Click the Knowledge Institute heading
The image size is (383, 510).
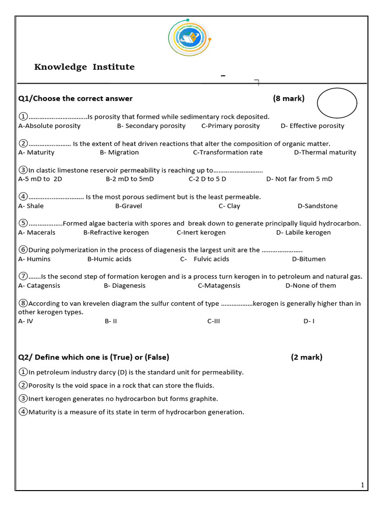[84, 67]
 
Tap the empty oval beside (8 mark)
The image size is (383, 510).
[337, 103]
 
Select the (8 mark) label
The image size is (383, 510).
[288, 99]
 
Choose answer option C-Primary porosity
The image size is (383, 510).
[230, 126]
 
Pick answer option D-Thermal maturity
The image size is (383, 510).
[325, 152]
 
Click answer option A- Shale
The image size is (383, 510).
[31, 206]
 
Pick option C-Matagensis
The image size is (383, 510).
[219, 285]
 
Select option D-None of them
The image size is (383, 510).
[311, 285]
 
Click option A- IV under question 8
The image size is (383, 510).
[25, 321]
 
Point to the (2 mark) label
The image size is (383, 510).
[307, 357]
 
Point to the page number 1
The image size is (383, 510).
[362, 485]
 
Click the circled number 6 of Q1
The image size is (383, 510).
[23, 250]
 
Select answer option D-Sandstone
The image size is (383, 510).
[317, 206]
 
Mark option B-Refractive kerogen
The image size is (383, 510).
[116, 233]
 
